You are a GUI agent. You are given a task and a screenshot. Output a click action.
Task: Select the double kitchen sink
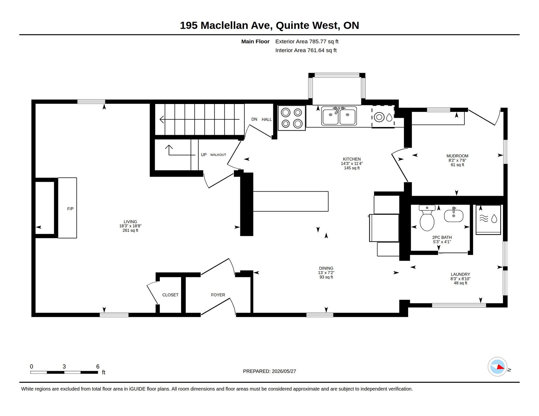pyautogui.click(x=339, y=116)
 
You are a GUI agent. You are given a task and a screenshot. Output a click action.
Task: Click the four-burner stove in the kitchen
pyautogui.click(x=292, y=118)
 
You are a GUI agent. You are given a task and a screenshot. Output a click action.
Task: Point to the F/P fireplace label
pyautogui.click(x=70, y=209)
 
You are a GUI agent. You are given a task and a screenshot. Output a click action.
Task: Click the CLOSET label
pyautogui.click(x=170, y=295)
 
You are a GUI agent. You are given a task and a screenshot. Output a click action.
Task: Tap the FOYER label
pyautogui.click(x=218, y=295)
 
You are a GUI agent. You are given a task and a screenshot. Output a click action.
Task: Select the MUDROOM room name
pyautogui.click(x=457, y=156)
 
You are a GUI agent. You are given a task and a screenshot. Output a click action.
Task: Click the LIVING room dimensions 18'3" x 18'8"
pyautogui.click(x=130, y=226)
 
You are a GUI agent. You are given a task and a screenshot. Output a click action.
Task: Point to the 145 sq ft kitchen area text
pyautogui.click(x=352, y=168)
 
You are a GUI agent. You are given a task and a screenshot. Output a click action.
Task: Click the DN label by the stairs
pyautogui.click(x=254, y=119)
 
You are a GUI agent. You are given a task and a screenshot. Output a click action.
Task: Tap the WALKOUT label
pyautogui.click(x=218, y=155)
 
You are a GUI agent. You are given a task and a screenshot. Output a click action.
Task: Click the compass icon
pyautogui.click(x=498, y=367)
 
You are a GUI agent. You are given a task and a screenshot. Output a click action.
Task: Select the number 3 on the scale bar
pyautogui.click(x=64, y=366)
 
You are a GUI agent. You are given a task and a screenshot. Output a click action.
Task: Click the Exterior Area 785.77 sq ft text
pyautogui.click(x=307, y=41)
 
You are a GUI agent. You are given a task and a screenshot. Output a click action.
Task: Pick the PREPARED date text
pyautogui.click(x=269, y=371)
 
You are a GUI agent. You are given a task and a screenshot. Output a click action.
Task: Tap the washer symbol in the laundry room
pyautogui.click(x=488, y=220)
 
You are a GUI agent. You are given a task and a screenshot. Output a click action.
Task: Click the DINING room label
pyautogui.click(x=326, y=268)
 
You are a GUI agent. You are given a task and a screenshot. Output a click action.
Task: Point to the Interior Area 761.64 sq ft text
pyautogui.click(x=306, y=50)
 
